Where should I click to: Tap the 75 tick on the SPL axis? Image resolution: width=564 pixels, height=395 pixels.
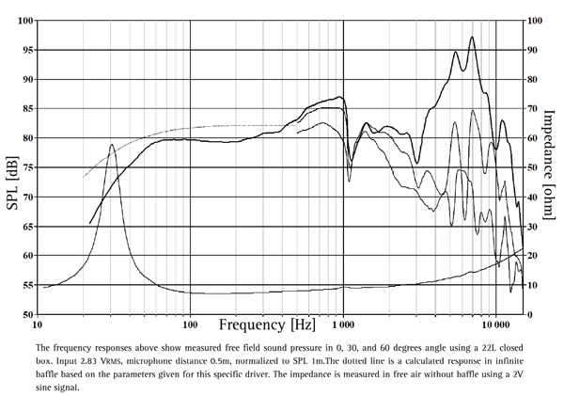(25, 167)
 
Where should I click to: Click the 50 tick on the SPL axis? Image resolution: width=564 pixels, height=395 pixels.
(25, 314)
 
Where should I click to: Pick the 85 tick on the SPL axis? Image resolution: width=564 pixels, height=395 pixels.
(25, 109)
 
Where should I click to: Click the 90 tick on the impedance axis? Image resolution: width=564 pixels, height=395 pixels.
(533, 50)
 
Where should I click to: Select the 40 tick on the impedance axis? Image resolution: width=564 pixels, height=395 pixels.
(533, 197)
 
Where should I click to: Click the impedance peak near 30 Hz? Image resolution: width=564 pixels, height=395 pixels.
(112, 145)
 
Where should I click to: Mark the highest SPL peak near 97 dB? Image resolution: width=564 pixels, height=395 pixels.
(472, 38)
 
